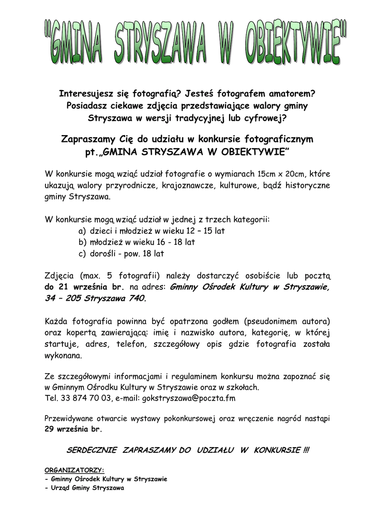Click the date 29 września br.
point(73,429)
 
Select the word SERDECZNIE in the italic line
point(92,451)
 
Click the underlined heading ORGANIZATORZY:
point(74,470)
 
